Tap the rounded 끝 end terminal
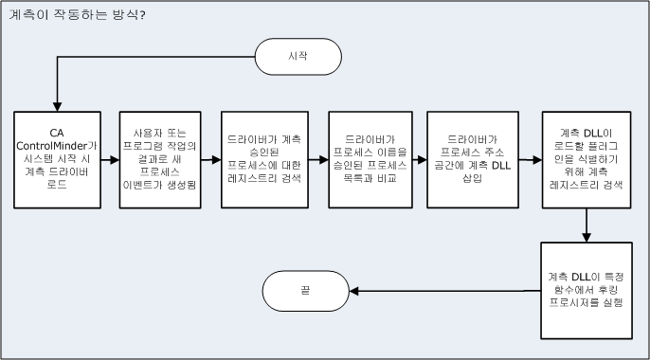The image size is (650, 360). (305, 291)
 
